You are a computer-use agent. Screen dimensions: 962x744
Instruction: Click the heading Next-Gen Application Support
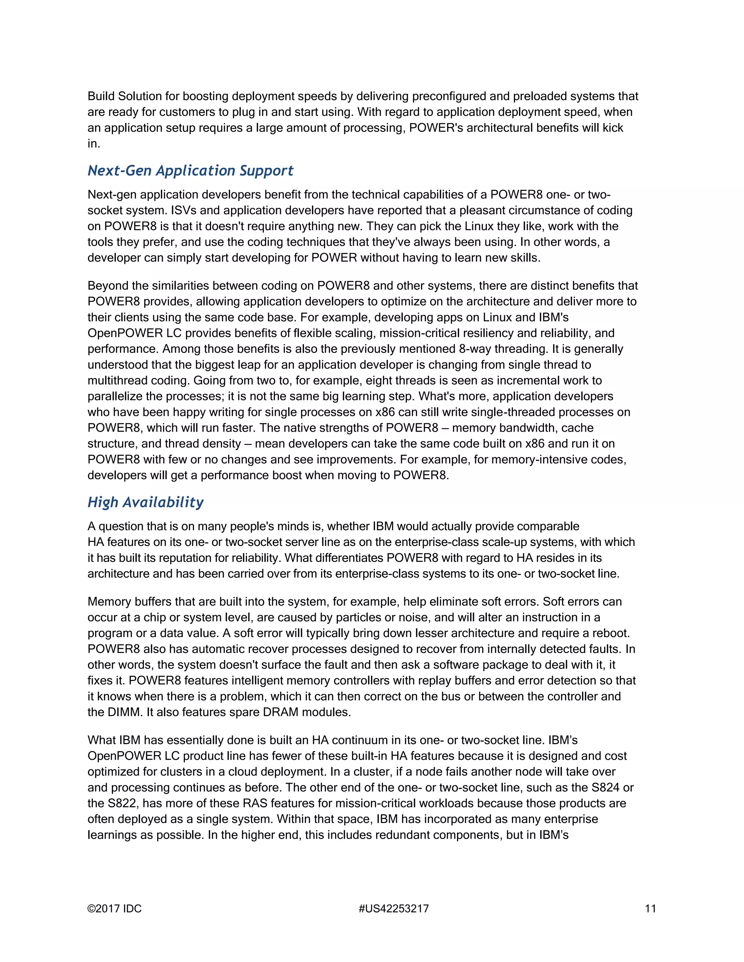click(x=190, y=171)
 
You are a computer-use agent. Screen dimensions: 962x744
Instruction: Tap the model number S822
click(x=122, y=803)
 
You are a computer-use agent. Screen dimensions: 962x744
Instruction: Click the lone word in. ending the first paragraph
click(x=93, y=144)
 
